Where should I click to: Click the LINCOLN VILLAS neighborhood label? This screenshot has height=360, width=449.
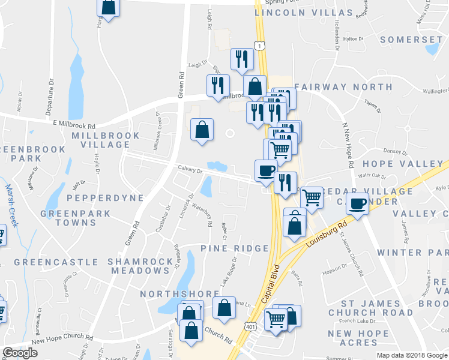pos(304,12)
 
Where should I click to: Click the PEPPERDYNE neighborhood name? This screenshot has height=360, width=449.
pos(97,197)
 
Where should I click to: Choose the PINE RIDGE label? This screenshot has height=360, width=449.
pos(235,248)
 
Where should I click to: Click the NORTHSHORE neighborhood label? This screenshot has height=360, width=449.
pos(179,294)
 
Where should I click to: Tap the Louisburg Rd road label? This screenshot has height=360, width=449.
pos(327,235)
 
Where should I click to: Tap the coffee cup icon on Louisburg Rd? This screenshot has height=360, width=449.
pos(357,204)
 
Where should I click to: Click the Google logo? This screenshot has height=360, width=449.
pos(20,353)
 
